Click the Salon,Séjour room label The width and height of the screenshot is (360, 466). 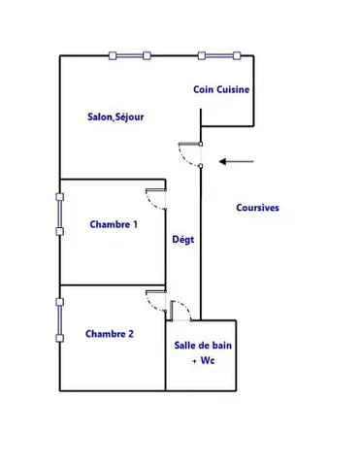(x=115, y=116)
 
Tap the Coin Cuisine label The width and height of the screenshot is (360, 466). (x=221, y=89)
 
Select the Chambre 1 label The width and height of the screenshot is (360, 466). (x=114, y=224)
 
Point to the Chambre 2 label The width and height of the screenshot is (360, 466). (x=110, y=334)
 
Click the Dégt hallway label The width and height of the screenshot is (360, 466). (x=182, y=240)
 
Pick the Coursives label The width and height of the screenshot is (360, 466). (x=258, y=207)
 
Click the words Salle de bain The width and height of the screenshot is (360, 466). (x=203, y=346)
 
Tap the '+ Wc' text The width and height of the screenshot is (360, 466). (x=202, y=361)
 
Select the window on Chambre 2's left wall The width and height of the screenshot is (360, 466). (x=60, y=318)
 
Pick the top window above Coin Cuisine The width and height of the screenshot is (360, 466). (x=216, y=55)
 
